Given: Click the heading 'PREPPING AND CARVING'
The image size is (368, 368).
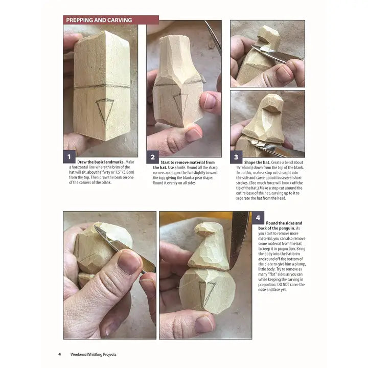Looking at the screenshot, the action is point(99,20).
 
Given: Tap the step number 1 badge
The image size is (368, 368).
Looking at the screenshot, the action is point(69,156).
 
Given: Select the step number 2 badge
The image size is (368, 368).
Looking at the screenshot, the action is point(152,157).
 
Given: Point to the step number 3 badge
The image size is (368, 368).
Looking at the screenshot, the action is point(236,157).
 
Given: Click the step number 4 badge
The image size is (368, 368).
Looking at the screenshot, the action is point(258,218).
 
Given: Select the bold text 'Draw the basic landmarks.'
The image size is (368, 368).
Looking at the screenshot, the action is point(101,162).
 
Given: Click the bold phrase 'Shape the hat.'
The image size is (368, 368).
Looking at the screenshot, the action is point(257,163).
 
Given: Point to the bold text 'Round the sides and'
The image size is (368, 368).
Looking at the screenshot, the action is point(284,223).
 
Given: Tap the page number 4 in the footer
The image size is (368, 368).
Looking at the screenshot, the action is point(60,354).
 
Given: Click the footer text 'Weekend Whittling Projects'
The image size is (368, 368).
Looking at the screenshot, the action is point(94,354).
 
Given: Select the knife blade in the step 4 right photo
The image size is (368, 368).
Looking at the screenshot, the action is point(239,239).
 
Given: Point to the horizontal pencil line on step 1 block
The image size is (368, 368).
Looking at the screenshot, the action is point(102,86).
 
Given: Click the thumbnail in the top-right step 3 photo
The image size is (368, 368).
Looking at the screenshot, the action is point(284,75).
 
